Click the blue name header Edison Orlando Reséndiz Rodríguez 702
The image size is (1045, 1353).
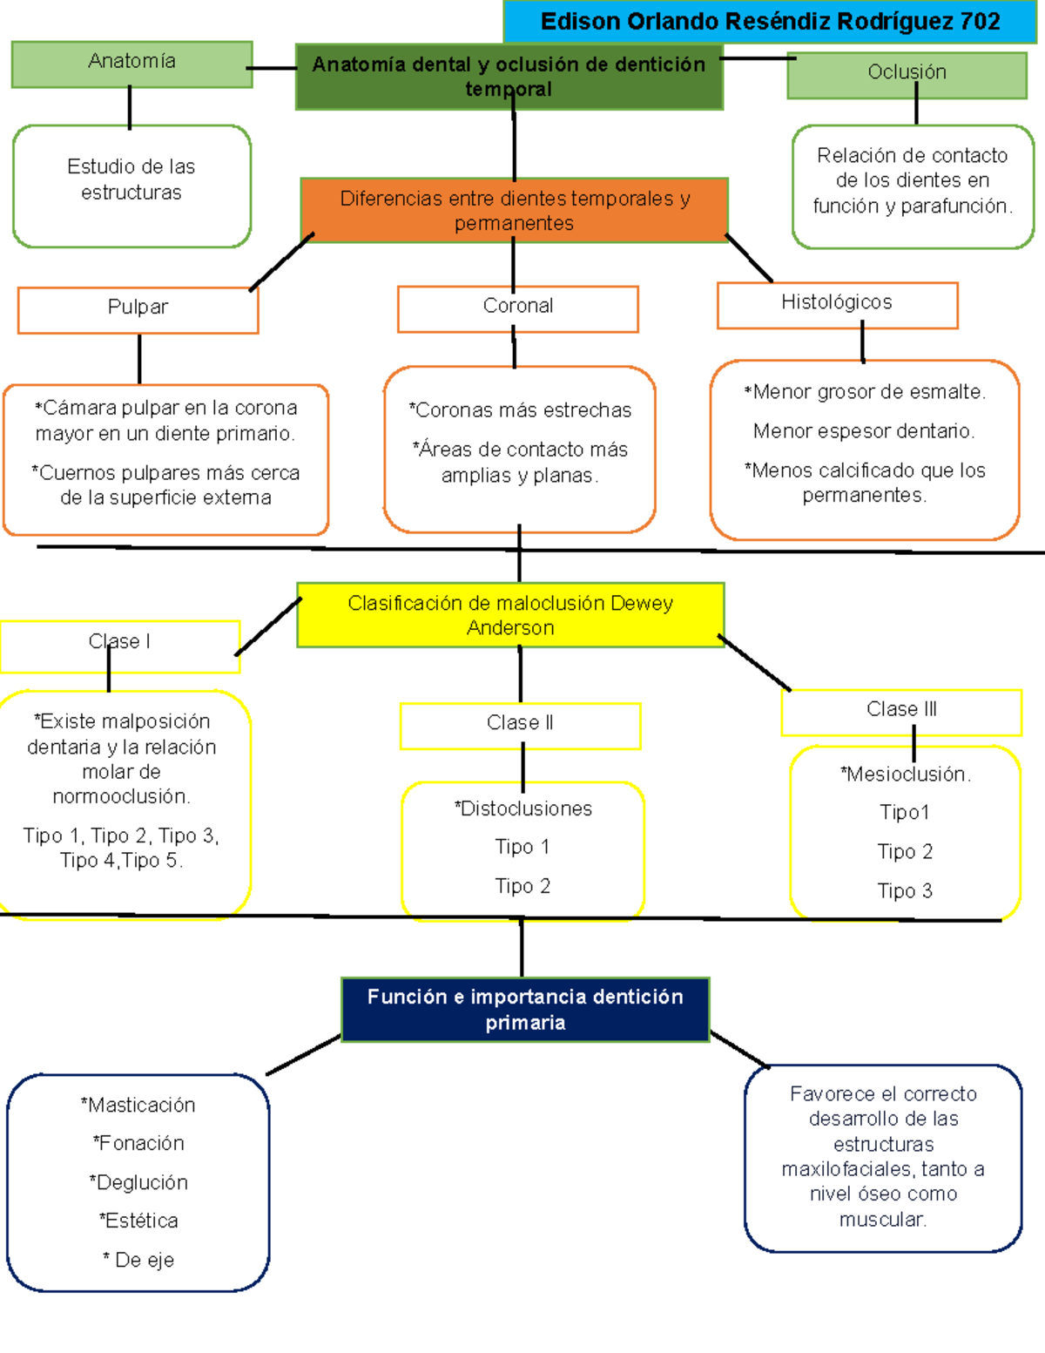point(770,22)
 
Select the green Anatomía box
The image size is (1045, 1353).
point(131,64)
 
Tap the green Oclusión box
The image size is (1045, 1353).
point(907,74)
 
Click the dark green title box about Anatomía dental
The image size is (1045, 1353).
point(509,77)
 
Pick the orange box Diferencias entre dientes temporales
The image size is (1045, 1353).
point(514,210)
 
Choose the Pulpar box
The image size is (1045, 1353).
point(138,309)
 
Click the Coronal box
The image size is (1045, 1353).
point(517,308)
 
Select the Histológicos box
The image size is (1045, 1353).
point(837,304)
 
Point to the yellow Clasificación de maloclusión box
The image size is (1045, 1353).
point(510,615)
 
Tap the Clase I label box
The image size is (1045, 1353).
point(119,646)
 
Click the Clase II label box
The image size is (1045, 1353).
point(520,725)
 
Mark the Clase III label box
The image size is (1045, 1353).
point(901,712)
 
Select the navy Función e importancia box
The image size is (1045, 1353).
point(525,1010)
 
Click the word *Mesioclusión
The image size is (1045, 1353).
point(905,775)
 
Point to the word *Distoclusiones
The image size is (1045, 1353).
point(522,809)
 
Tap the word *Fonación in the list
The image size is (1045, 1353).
point(138,1144)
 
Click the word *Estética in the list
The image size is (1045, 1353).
point(138,1221)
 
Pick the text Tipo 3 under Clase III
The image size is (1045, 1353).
point(905,891)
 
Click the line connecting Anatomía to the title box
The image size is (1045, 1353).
point(273,68)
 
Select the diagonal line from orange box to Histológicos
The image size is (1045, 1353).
point(749,258)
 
